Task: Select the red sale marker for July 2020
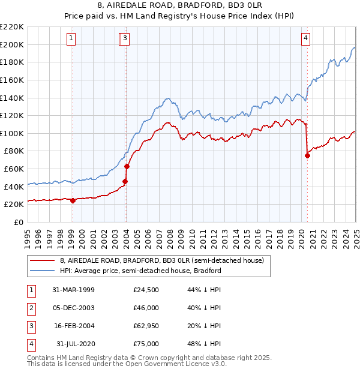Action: tap(307, 155)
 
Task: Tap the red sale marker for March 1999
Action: tap(73, 200)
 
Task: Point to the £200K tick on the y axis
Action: tap(12, 44)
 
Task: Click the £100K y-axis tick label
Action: tap(12, 133)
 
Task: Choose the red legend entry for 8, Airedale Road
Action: tap(157, 260)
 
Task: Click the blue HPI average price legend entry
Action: tap(140, 271)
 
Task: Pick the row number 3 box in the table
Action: tap(30, 326)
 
